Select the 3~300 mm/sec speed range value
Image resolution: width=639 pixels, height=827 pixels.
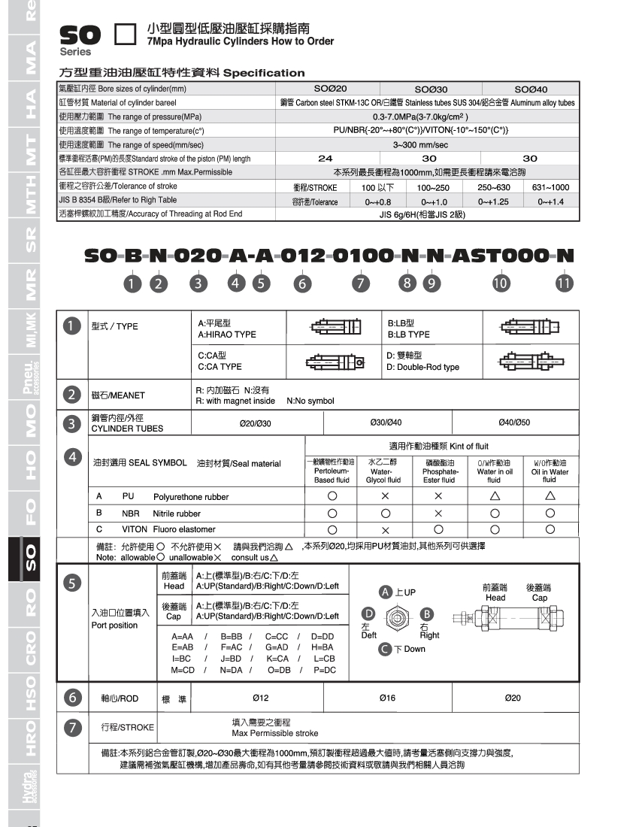431,144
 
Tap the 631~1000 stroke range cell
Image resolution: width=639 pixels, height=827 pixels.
550,187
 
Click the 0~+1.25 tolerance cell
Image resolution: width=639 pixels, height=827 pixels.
493,201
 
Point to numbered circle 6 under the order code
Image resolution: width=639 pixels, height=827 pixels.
301,283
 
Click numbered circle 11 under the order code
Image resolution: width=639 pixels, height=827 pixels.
564,283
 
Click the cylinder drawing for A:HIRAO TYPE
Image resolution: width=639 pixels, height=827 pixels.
335,328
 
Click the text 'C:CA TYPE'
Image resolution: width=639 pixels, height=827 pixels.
220,367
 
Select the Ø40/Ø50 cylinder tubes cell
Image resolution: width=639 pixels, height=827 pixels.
514,423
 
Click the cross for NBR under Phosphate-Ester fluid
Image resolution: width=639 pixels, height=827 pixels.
438,513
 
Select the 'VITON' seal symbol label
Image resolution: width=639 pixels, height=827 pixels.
135,529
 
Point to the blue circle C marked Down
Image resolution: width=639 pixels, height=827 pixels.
385,649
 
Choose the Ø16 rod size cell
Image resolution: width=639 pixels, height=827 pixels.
387,698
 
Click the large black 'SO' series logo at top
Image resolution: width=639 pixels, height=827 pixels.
78,35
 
